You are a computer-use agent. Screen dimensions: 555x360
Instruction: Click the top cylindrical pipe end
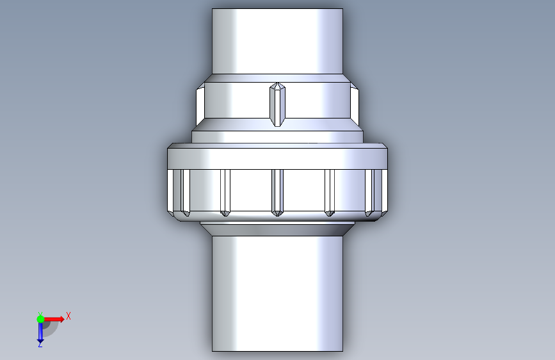point(278,41)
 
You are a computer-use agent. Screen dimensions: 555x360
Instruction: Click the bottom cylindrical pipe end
point(278,294)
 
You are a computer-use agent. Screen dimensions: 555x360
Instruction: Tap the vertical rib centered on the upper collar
point(278,104)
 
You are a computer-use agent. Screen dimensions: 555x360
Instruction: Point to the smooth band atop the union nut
point(278,158)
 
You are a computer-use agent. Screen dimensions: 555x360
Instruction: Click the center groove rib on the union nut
point(278,192)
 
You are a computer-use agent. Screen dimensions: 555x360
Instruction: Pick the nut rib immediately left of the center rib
point(225,192)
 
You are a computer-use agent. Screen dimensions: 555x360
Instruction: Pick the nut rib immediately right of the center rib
point(330,192)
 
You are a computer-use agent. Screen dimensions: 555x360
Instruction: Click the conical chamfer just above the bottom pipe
point(278,230)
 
